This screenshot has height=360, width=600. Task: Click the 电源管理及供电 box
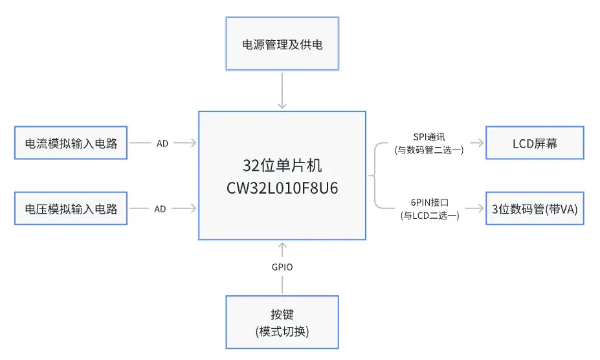[282, 45]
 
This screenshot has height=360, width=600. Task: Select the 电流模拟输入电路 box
[71, 143]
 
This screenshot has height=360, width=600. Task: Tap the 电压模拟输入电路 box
[71, 208]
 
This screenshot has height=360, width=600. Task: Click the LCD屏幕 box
[535, 143]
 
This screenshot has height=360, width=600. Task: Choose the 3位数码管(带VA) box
[535, 208]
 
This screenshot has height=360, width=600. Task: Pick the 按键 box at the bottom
[282, 322]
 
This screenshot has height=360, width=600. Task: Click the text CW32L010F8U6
[282, 189]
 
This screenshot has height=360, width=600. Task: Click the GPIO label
[282, 267]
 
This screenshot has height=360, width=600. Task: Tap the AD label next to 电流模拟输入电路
[162, 143]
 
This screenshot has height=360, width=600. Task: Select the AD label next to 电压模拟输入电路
[162, 208]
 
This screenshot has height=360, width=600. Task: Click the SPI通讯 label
[429, 137]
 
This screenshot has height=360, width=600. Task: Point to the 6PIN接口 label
[430, 203]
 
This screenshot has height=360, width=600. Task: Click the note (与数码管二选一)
[429, 150]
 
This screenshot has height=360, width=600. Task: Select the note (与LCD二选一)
[430, 216]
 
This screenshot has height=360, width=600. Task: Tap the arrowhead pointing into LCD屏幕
[480, 143]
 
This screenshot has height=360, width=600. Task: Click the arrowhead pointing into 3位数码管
[480, 208]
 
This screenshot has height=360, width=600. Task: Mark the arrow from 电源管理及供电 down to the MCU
[282, 91]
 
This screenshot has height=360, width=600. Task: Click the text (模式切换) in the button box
[282, 332]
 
